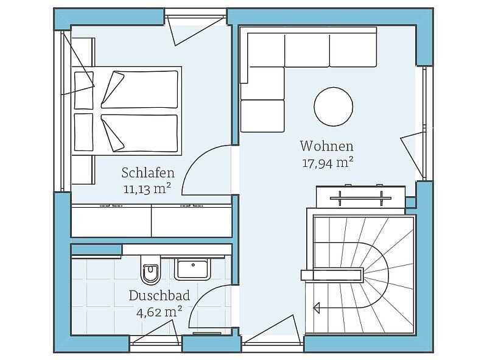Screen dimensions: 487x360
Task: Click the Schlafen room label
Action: [x=148, y=173]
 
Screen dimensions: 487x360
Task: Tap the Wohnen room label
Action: [x=326, y=146]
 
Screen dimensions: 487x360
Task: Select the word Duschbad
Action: [x=159, y=295]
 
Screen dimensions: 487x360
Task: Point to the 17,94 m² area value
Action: [x=328, y=163]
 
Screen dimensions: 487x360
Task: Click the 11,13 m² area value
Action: [x=147, y=189]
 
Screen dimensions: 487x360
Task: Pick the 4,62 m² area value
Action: [x=159, y=311]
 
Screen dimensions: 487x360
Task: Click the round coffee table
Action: [x=333, y=107]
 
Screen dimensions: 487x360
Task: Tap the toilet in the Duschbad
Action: [x=150, y=270]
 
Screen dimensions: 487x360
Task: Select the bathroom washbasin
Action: [x=192, y=268]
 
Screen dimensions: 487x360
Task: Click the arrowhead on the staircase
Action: [x=317, y=308]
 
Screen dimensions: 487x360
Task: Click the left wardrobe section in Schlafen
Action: [x=111, y=221]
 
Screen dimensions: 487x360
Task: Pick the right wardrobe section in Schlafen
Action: [x=192, y=221]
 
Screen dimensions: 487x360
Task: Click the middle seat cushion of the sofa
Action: [x=307, y=51]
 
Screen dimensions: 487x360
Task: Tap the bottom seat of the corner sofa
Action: [x=262, y=116]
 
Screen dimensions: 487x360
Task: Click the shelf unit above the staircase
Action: [x=360, y=197]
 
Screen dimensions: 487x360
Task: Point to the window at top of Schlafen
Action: [x=195, y=12]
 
